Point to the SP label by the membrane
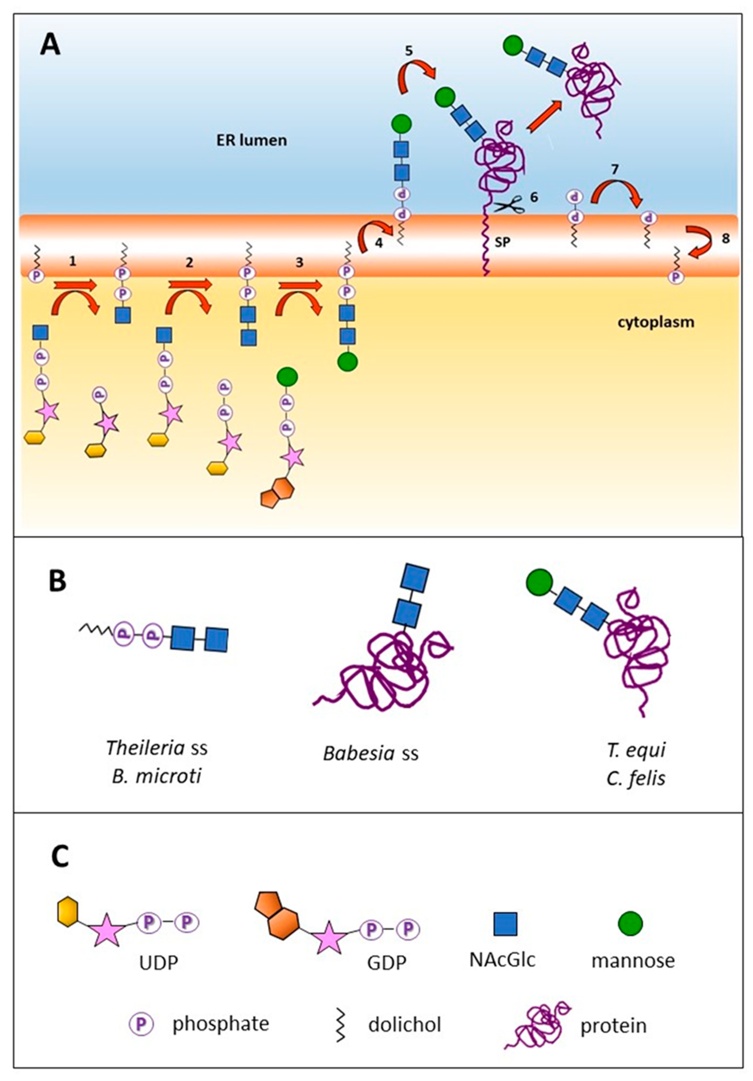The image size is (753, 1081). pos(503,242)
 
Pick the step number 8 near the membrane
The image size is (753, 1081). pos(725,239)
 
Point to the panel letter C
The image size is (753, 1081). pos(60,857)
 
